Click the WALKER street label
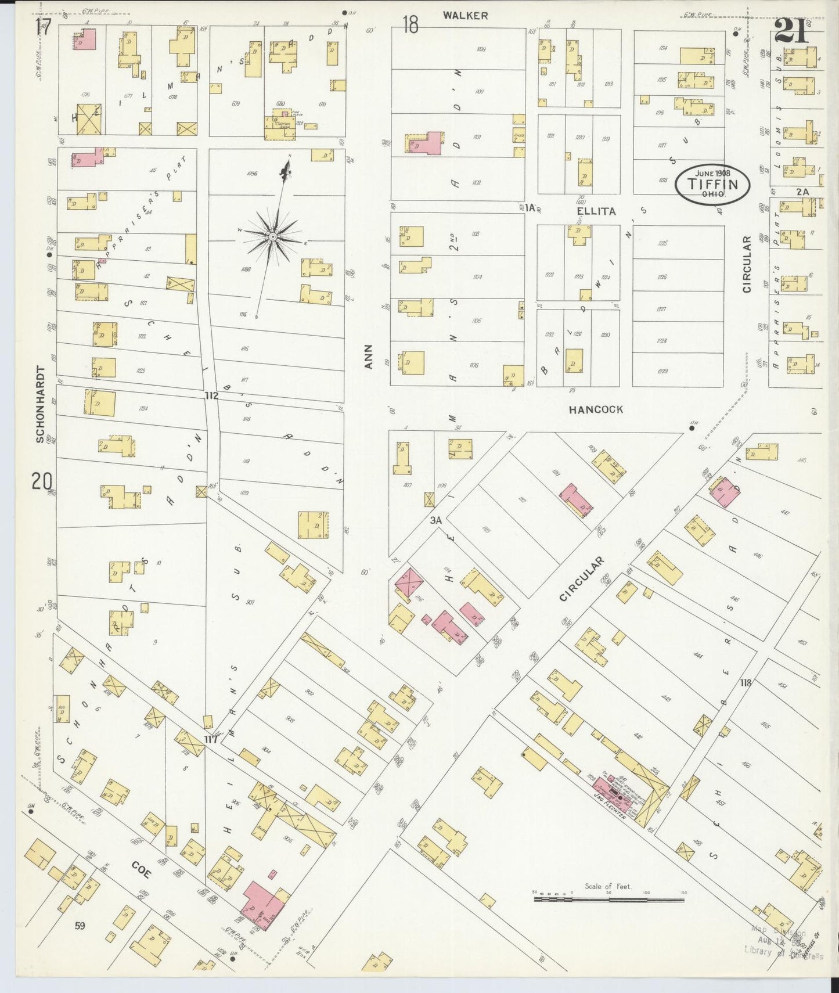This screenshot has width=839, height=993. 465,16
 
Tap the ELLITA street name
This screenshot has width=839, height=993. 596,211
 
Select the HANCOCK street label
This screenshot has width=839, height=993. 596,409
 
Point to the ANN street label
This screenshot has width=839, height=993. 368,357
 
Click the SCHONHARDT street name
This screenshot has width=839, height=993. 40,404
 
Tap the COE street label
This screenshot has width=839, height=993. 141,869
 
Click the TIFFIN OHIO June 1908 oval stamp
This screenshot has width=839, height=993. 712,184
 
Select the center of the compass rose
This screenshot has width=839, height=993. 272,237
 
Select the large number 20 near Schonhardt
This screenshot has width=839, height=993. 42,481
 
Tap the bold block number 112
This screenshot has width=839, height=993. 211,396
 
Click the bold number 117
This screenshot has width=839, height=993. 210,740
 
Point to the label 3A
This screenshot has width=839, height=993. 436,521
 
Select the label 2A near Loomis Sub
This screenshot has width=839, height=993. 802,192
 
